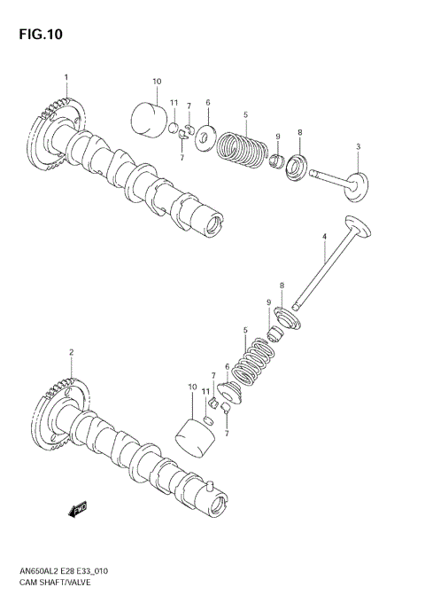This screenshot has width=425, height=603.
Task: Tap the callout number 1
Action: [65, 77]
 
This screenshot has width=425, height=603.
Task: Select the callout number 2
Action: [70, 352]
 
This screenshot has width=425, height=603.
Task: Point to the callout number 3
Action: [358, 146]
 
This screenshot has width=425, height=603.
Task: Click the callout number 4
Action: [324, 237]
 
